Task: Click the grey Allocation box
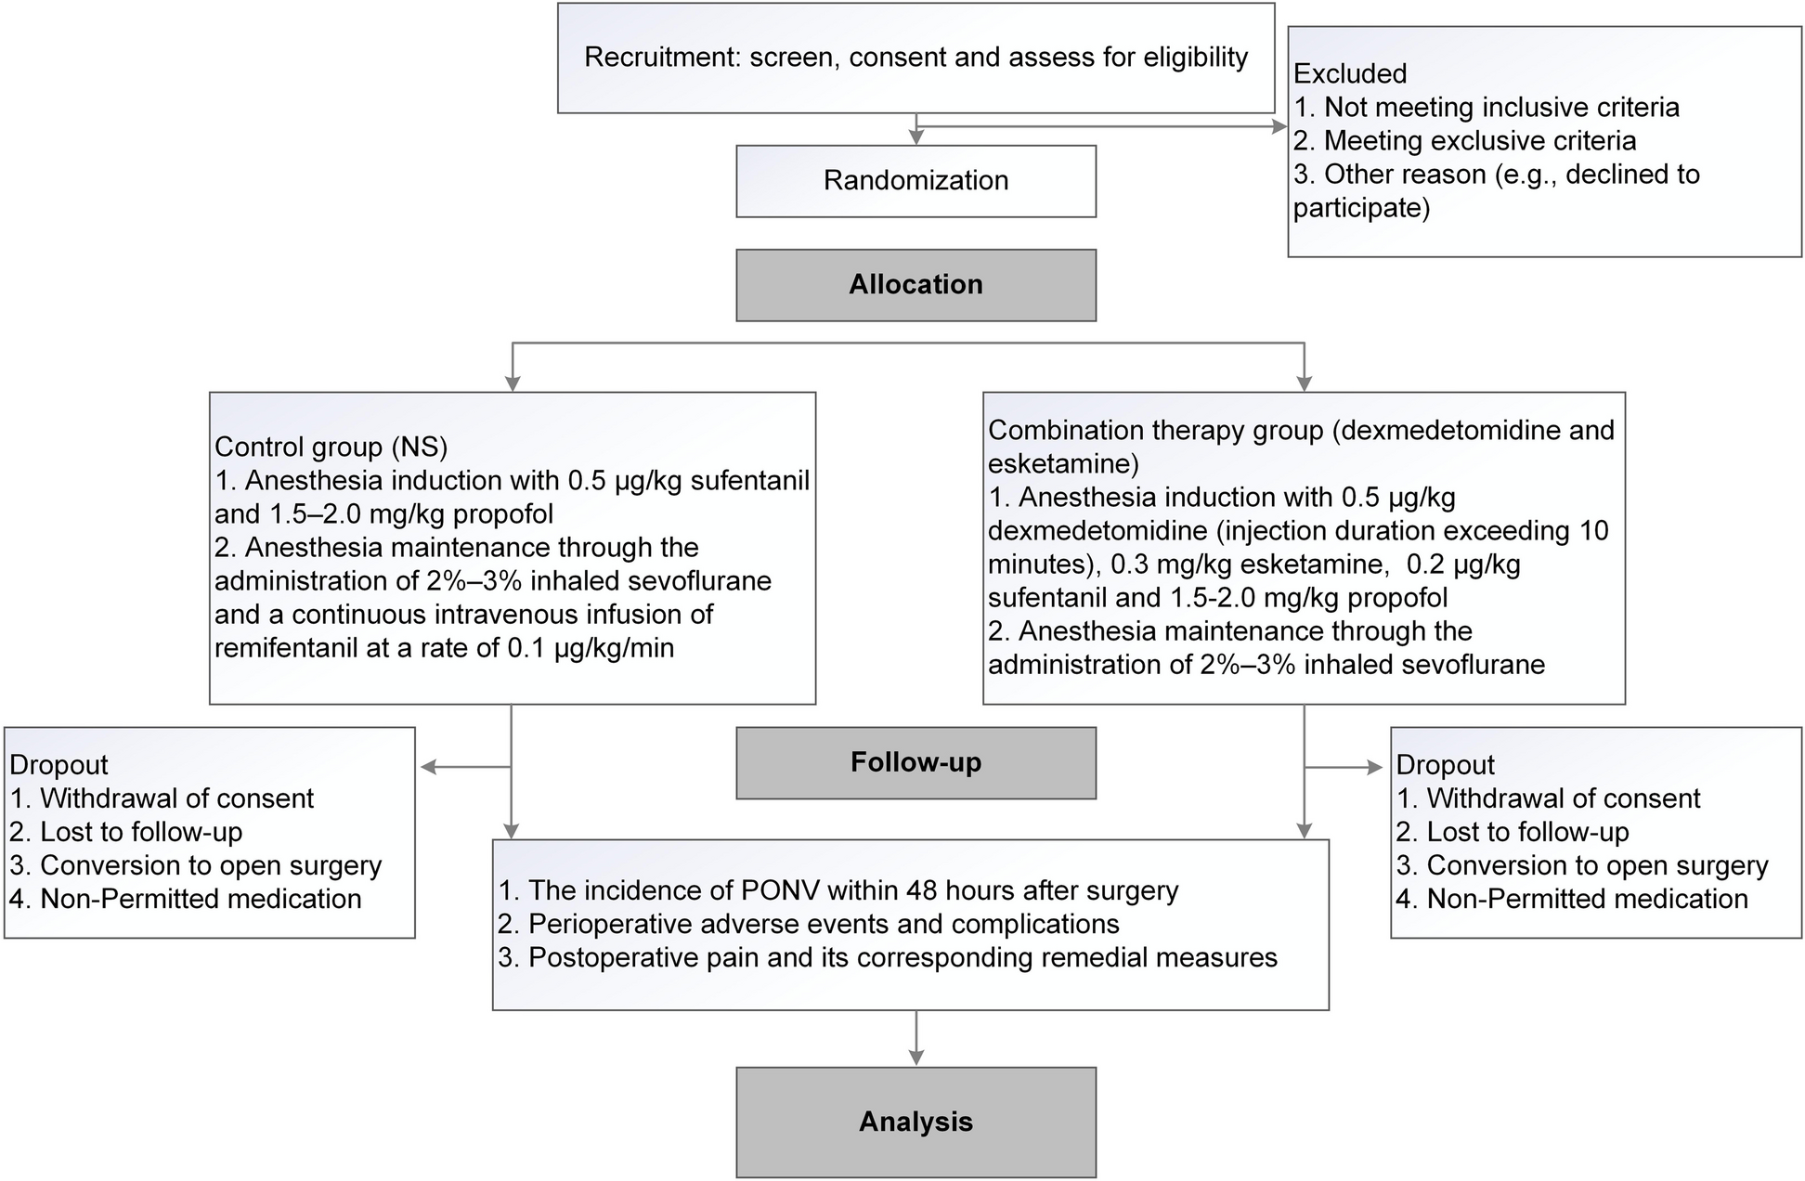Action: [915, 285]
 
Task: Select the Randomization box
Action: [915, 181]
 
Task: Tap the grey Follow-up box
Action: [915, 763]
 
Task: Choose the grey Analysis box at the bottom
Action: [915, 1123]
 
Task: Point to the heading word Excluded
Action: [1350, 73]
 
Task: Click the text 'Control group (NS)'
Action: [331, 448]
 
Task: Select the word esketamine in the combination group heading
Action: [1063, 463]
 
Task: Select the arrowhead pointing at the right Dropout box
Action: [1374, 767]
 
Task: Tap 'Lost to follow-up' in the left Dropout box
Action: [141, 832]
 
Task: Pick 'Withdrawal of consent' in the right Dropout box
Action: [1564, 798]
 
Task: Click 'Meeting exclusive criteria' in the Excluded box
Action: [1480, 140]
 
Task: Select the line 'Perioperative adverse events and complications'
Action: [824, 925]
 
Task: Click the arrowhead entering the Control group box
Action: [512, 383]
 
